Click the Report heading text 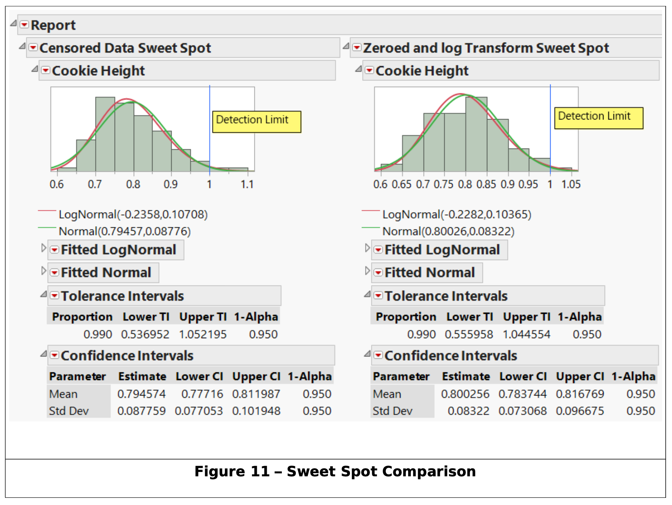pyautogui.click(x=53, y=25)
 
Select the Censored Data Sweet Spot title pyautogui.click(x=125, y=48)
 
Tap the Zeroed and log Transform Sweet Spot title pyautogui.click(x=486, y=48)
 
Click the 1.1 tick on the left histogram pyautogui.click(x=247, y=184)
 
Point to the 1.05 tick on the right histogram pyautogui.click(x=571, y=184)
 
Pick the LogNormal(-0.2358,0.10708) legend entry pyautogui.click(x=133, y=215)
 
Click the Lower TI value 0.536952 pyautogui.click(x=145, y=335)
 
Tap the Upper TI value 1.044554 pyautogui.click(x=526, y=335)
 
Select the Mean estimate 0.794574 pyautogui.click(x=141, y=394)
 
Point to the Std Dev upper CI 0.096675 pyautogui.click(x=580, y=411)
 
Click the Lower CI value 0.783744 pyautogui.click(x=522, y=394)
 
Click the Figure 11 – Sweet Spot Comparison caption pyautogui.click(x=335, y=472)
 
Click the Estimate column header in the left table pyautogui.click(x=142, y=377)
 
